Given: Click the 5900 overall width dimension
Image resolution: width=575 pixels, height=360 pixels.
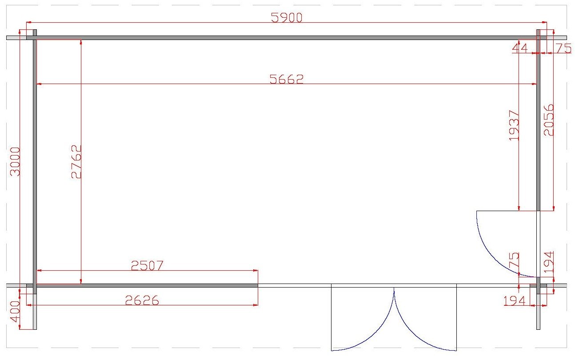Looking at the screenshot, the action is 287,17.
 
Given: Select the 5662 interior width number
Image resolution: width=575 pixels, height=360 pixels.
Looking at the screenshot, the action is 287,79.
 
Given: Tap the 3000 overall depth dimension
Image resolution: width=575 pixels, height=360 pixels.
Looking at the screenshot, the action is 15,161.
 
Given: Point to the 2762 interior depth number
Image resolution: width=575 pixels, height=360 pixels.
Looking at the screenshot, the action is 76,161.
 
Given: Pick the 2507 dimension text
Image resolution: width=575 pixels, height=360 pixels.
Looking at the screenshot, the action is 147,265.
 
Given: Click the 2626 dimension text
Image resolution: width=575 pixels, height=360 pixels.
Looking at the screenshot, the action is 142,300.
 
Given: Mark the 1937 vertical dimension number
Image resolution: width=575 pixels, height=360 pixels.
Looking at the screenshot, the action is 514,125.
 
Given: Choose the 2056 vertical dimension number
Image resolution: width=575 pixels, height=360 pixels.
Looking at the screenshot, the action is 548,120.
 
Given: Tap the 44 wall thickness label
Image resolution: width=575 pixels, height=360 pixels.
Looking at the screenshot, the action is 520,48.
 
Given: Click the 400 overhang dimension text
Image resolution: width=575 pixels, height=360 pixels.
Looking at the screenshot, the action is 15,312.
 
